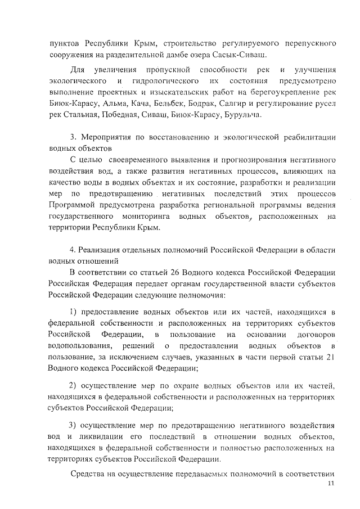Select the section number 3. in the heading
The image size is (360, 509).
point(73,138)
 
